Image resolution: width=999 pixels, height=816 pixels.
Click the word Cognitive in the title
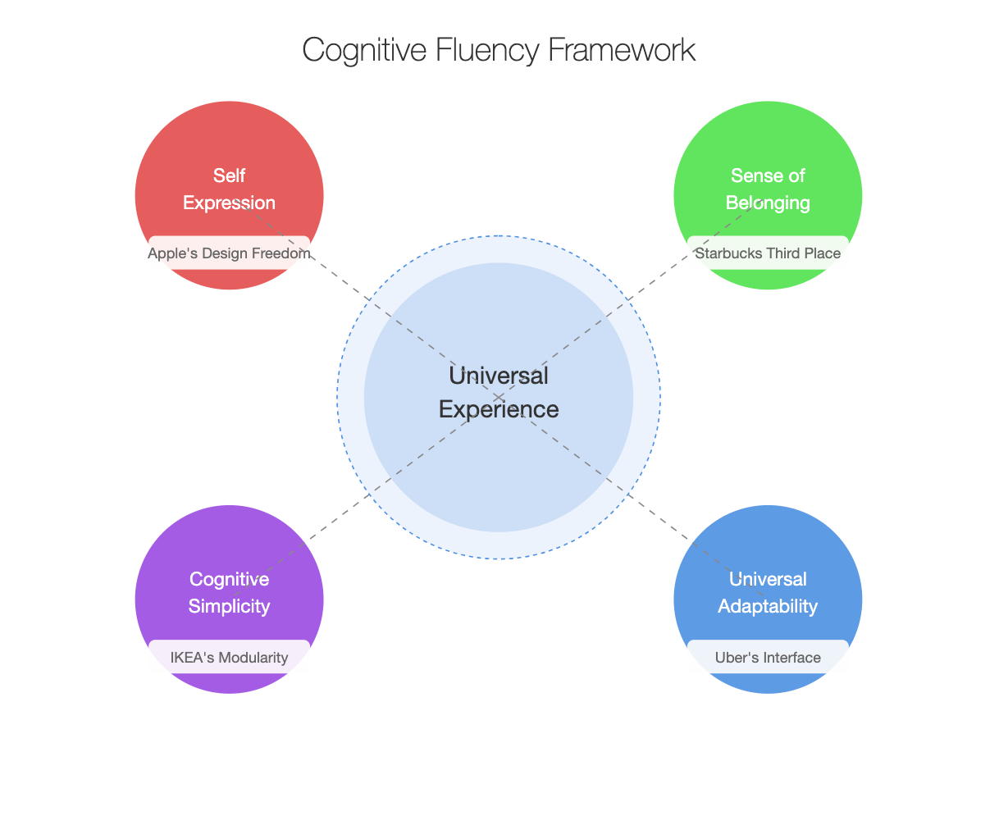[364, 51]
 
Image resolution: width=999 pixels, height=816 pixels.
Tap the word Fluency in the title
[487, 50]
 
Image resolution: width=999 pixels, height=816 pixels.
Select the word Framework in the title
[622, 49]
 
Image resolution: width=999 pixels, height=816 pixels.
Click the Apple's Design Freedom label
[229, 253]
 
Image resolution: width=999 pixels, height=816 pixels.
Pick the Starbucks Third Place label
[768, 253]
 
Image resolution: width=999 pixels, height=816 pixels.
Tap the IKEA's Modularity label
[229, 657]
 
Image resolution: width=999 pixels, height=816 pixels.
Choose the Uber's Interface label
[768, 657]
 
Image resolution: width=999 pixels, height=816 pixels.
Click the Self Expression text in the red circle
[229, 189]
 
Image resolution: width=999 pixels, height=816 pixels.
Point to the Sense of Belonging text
[768, 189]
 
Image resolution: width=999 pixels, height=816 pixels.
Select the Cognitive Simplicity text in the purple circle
[229, 592]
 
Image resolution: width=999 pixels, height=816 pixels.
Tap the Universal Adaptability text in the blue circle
[768, 592]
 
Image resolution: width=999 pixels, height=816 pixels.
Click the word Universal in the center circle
[499, 376]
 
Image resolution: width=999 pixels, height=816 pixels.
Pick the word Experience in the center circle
[499, 410]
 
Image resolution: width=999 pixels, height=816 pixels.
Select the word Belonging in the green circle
[768, 203]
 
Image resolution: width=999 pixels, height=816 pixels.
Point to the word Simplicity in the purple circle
[229, 607]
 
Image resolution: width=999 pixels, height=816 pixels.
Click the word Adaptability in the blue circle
[768, 607]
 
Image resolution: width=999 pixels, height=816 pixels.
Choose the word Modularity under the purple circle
[253, 658]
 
